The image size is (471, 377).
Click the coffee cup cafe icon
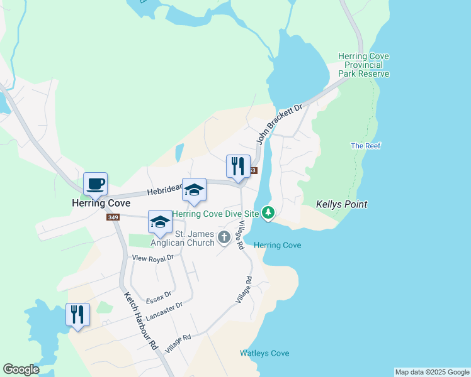coord(95,184)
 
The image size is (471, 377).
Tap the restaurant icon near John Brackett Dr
coord(238,167)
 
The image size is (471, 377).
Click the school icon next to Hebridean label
coord(194,190)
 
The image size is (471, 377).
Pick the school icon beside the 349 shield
coord(160,222)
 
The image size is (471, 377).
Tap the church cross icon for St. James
coord(224,238)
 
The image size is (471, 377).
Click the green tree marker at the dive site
coord(269,214)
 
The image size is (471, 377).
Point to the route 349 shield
coord(113,217)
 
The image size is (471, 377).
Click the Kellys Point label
coord(341,205)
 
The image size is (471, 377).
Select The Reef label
coord(366,146)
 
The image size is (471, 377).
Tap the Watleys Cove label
coord(264,353)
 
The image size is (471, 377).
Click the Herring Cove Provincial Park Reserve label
coord(363,65)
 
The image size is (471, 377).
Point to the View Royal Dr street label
coord(152,258)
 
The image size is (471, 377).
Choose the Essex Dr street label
coord(159,295)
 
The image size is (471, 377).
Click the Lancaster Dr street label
coord(167,309)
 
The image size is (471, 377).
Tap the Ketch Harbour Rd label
coord(140,320)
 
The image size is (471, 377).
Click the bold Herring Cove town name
coord(101,204)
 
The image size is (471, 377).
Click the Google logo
coord(21,369)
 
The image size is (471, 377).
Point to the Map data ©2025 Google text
coord(432,372)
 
